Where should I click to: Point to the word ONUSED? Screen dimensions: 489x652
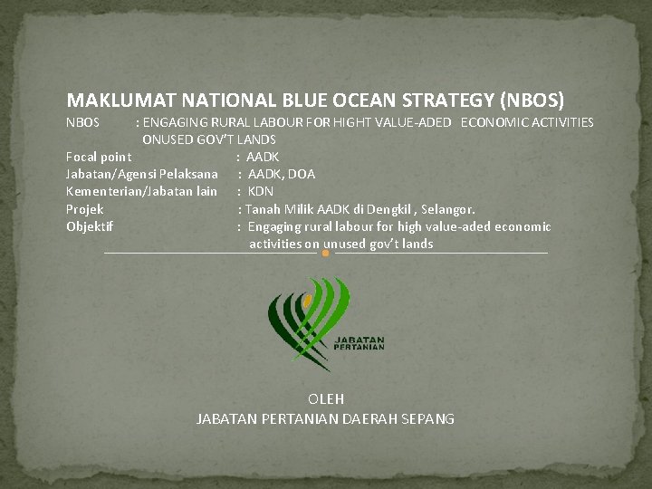coord(168,139)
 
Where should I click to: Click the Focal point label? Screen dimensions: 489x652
coord(99,157)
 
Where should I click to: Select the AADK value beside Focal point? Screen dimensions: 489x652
coord(263,157)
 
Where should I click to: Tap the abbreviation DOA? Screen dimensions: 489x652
coord(302,174)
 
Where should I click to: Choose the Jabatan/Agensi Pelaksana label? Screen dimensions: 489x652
coord(142,174)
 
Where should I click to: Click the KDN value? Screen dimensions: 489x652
coord(261,191)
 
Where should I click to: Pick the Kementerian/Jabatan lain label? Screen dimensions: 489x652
coord(142,191)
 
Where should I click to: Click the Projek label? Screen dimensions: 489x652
coord(85,209)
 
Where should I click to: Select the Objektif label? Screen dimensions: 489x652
coord(90,226)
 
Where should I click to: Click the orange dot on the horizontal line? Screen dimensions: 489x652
coord(326,254)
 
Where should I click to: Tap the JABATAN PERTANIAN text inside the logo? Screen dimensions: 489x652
coord(360,342)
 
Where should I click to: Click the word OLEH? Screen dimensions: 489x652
coord(326,398)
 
